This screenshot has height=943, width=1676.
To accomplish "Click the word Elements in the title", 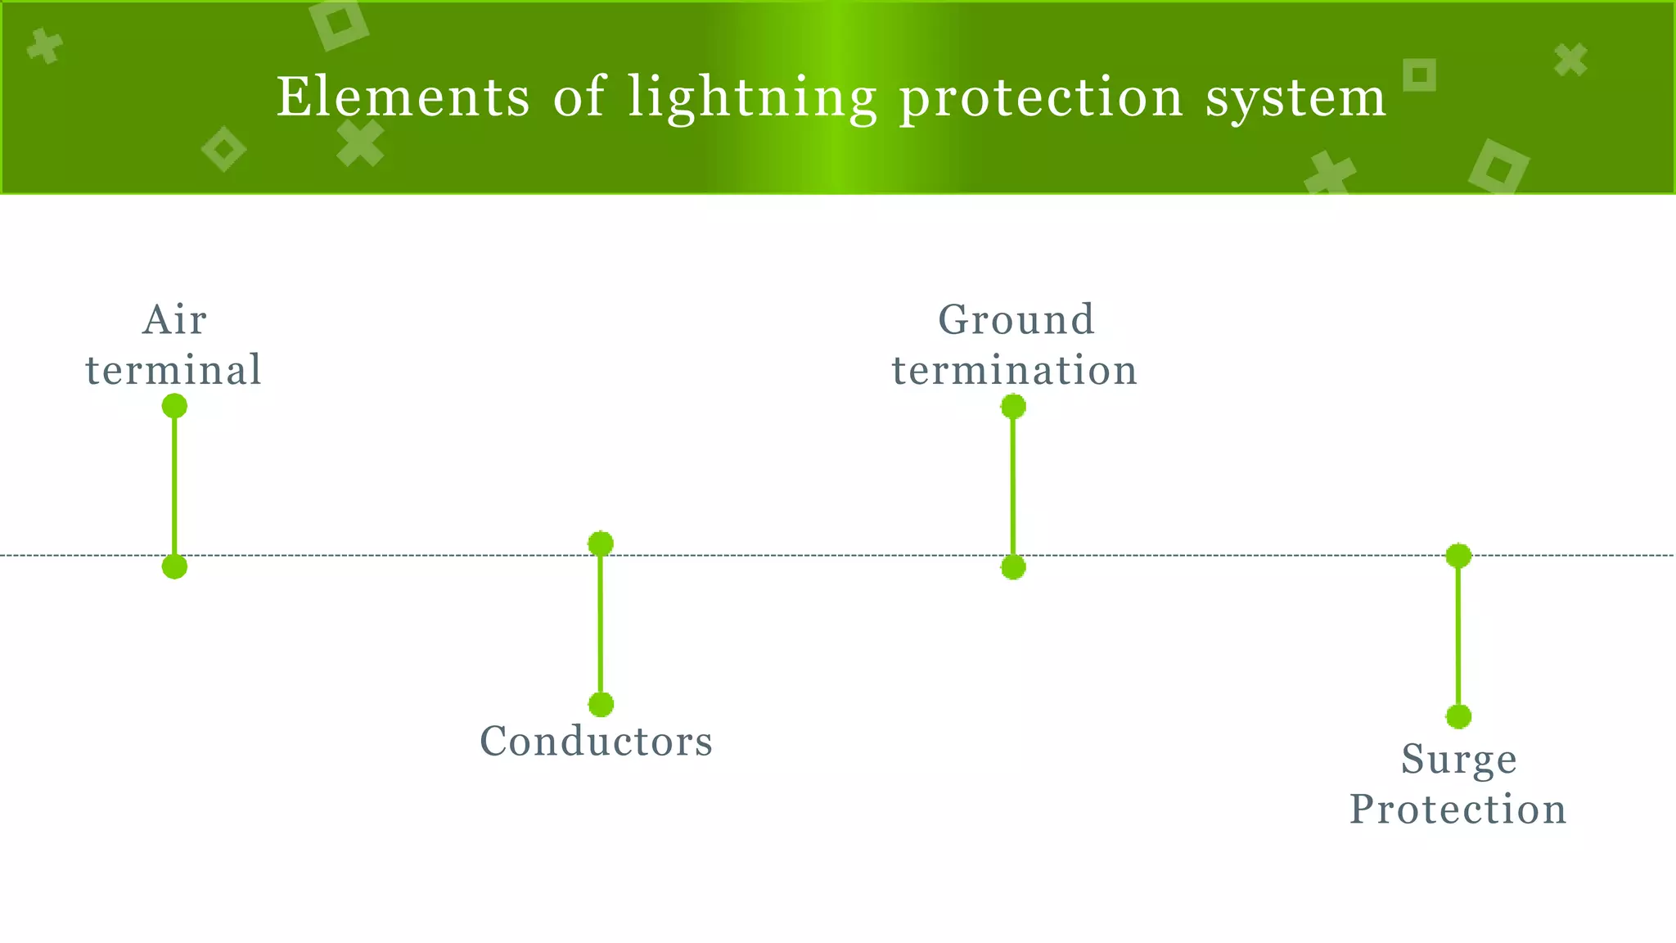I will point(403,97).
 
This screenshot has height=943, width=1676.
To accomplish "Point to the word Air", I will point(174,319).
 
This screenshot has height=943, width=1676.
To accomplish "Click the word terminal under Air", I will point(173,370).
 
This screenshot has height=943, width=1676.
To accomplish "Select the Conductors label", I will point(596,742).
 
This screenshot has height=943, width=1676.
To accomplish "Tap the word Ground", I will point(1016,319).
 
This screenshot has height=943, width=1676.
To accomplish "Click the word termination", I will point(1014,370).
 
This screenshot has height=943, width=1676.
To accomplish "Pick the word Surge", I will point(1458,760).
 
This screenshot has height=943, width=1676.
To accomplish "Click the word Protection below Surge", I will point(1457,810).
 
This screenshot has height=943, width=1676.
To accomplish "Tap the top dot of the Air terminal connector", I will point(174,406).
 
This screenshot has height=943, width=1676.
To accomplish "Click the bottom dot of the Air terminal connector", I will point(174,566).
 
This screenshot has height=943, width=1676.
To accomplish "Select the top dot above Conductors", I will point(601,544).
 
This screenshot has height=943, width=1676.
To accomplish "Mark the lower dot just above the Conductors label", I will point(601,704).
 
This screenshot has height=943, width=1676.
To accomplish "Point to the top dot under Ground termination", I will point(1013,406).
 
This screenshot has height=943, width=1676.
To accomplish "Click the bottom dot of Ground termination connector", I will point(1013,566).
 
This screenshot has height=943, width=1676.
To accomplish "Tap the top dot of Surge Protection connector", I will point(1458,556).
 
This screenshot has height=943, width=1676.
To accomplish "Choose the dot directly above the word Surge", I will point(1458,716).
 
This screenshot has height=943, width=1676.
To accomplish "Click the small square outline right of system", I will point(1420,75).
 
